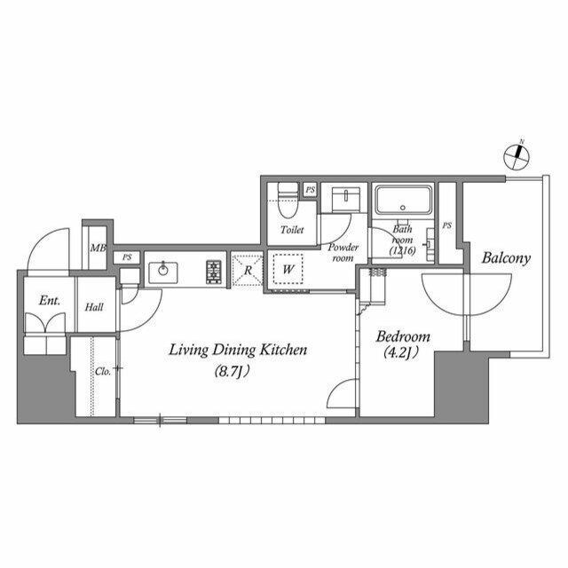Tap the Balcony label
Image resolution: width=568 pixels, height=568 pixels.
click(x=506, y=259)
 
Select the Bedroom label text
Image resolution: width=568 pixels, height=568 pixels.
click(x=403, y=337)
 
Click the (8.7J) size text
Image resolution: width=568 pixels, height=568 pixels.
click(x=238, y=370)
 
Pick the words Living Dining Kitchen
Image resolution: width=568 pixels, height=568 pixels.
click(x=238, y=351)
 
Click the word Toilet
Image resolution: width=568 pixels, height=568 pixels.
click(x=292, y=230)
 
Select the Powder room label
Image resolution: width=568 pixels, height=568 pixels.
click(x=343, y=252)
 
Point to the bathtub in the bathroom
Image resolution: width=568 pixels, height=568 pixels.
click(x=404, y=200)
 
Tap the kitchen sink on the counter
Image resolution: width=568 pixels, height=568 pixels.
click(x=164, y=272)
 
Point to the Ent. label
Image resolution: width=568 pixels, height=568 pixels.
click(x=49, y=301)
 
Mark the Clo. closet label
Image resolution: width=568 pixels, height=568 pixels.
click(x=103, y=371)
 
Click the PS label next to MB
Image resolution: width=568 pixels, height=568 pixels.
click(x=127, y=257)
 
